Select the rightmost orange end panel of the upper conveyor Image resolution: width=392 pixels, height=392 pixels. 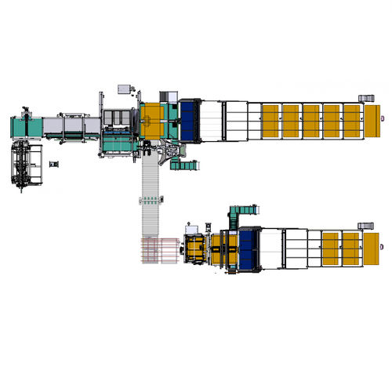(369, 122)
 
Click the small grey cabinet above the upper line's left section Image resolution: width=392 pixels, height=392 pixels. (124, 88)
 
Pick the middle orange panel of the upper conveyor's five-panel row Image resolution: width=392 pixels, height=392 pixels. (311, 122)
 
